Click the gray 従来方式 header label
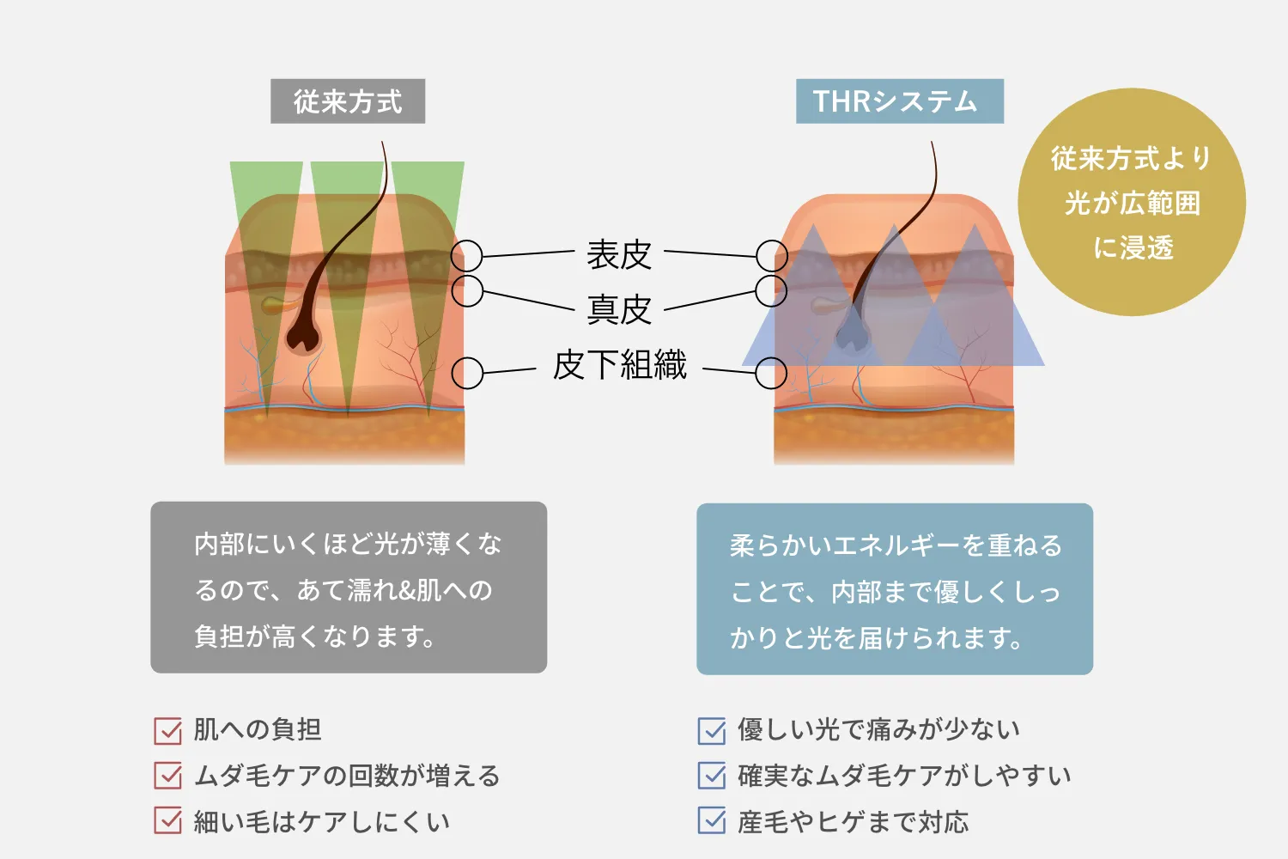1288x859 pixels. click(348, 101)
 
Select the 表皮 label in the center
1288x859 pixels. click(619, 254)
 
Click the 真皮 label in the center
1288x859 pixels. click(619, 309)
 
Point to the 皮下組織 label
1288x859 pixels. click(619, 364)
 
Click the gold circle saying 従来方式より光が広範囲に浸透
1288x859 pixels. click(1131, 203)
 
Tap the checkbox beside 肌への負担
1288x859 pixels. click(168, 730)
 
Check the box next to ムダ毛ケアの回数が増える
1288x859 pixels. click(168, 776)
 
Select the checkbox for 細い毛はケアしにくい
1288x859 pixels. click(168, 821)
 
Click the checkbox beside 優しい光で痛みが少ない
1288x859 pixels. click(712, 730)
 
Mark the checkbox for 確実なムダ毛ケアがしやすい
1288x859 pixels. click(712, 776)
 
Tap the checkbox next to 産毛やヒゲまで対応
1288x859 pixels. click(712, 821)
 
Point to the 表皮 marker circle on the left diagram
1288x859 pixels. click(467, 255)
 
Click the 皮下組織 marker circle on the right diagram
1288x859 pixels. click(771, 374)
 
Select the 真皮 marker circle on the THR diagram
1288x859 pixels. click(771, 291)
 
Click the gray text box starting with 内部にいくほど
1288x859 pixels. click(349, 588)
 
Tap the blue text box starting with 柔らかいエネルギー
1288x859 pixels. click(895, 589)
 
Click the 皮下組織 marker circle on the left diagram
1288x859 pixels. click(467, 374)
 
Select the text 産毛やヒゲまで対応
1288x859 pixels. click(853, 822)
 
